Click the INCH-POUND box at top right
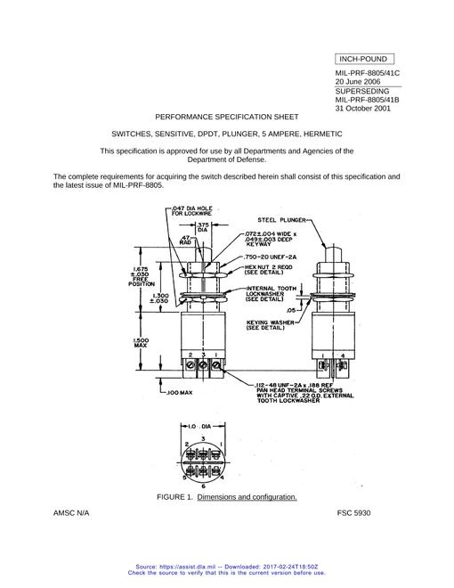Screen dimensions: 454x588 pyautogui.click(x=364, y=60)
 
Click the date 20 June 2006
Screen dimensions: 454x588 pyautogui.click(x=358, y=82)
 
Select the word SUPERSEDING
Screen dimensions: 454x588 pyautogui.click(x=362, y=91)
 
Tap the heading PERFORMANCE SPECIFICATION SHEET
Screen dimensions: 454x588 pyautogui.click(x=227, y=117)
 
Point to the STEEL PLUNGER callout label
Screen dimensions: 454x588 pyautogui.click(x=281, y=220)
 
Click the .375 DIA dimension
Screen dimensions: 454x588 pyautogui.click(x=203, y=227)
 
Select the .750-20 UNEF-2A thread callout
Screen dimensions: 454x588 pyautogui.click(x=270, y=257)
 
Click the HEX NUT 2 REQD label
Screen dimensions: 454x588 pyautogui.click(x=268, y=270)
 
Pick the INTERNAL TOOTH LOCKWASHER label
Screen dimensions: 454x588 pyautogui.click(x=271, y=294)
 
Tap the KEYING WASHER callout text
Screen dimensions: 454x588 pyautogui.click(x=270, y=325)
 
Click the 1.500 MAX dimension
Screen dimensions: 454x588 pyautogui.click(x=141, y=342)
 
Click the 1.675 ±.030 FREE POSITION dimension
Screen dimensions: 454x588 pyautogui.click(x=141, y=276)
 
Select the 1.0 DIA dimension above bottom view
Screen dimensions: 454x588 pyautogui.click(x=199, y=427)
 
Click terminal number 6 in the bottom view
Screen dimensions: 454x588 pyautogui.click(x=203, y=486)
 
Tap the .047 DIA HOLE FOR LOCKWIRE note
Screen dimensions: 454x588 pyautogui.click(x=191, y=211)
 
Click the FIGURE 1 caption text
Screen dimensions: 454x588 pyautogui.click(x=227, y=497)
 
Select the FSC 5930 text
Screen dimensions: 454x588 pyautogui.click(x=353, y=513)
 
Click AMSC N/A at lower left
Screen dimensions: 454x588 pyautogui.click(x=71, y=513)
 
